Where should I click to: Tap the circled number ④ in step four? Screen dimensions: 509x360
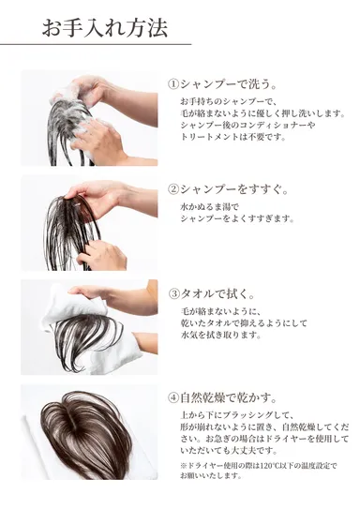click(173, 396)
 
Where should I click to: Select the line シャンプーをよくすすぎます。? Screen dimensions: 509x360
click(236, 217)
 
